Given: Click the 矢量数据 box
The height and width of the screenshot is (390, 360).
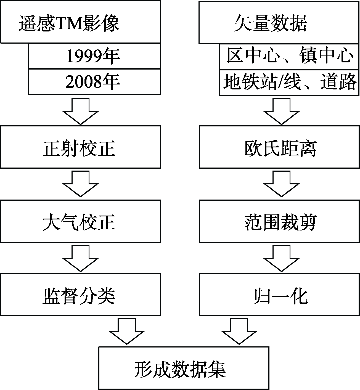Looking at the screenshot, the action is coord(279,22).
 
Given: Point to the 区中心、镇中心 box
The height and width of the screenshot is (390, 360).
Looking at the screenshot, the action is coord(289,57).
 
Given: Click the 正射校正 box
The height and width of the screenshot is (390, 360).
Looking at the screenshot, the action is coord(81,147).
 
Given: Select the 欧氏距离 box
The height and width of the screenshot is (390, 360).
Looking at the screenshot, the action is coord(279,147).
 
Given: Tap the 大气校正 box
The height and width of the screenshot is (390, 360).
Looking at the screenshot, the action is coord(81,221).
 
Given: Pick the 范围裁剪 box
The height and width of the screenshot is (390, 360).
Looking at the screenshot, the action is coord(279,221).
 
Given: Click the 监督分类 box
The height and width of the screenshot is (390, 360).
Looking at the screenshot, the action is coord(81,295).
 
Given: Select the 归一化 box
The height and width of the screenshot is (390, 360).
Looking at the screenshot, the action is coord(279,295).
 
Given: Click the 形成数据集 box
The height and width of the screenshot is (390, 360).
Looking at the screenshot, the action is coord(184,368).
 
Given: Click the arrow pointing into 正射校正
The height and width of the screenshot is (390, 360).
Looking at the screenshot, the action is coord(81,112).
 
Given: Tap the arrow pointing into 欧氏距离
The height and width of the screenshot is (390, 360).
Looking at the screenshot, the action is coord(281,112).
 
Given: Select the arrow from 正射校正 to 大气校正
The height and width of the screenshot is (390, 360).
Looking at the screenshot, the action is coord(81,184).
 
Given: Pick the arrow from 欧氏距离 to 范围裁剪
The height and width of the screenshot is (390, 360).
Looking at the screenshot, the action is coord(281,184).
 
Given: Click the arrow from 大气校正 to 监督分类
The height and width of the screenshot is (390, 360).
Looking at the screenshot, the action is coord(81,258).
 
